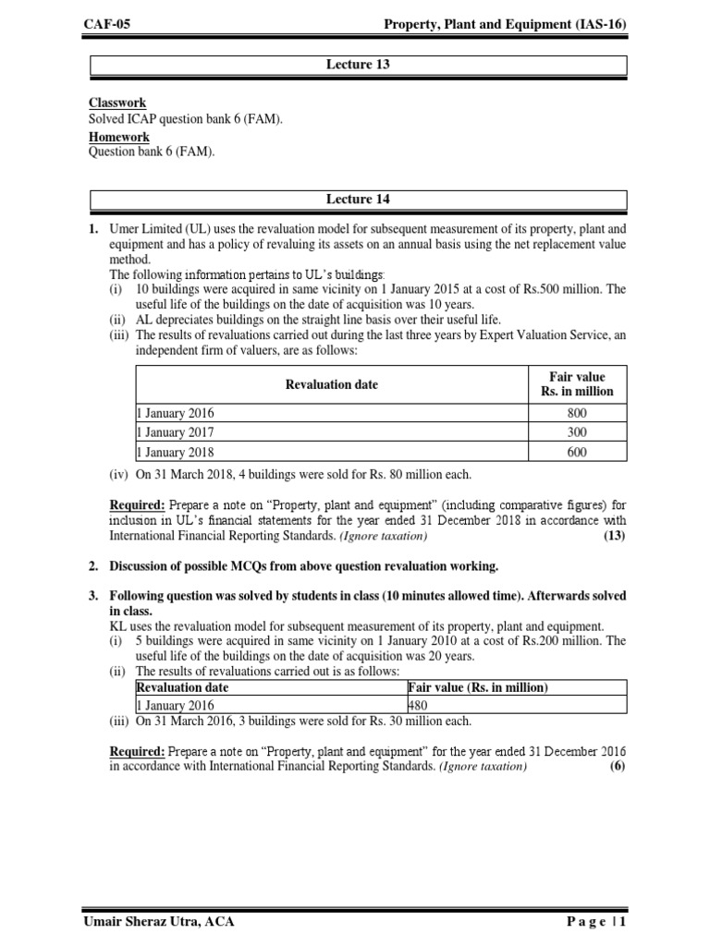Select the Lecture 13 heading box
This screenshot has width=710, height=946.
pos(359,66)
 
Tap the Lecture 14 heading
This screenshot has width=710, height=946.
pos(359,200)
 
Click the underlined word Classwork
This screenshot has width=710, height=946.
pos(117,103)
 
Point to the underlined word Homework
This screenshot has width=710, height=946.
pos(119,138)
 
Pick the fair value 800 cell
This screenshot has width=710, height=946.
pos(577,413)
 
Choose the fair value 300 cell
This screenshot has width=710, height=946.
pos(577,432)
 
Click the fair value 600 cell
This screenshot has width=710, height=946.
pos(577,452)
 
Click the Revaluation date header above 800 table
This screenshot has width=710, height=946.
pos(331,384)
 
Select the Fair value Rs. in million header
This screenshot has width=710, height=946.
pos(577,384)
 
